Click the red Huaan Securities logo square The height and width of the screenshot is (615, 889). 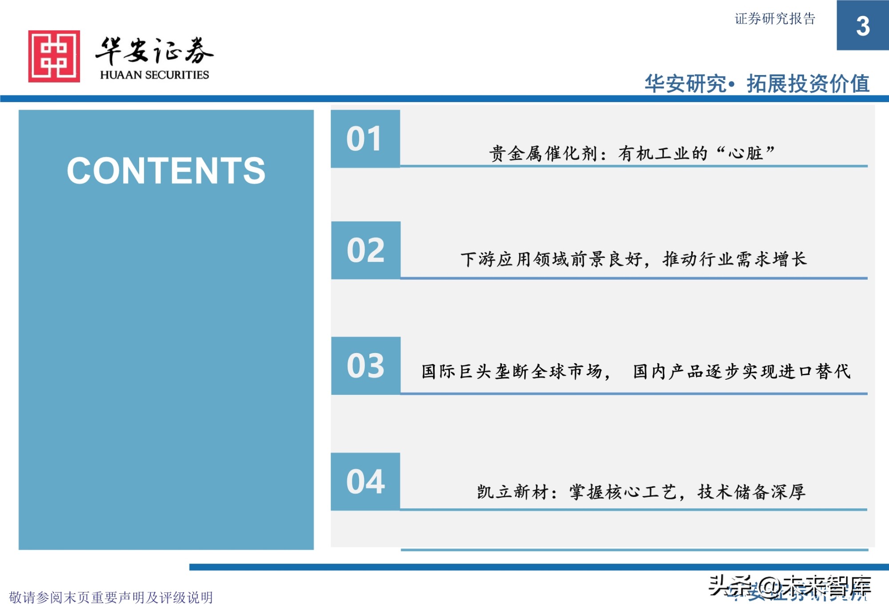point(54,56)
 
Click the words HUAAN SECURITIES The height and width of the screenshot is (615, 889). point(154,75)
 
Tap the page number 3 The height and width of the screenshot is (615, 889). point(863,26)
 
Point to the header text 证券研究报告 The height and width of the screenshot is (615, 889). point(775,19)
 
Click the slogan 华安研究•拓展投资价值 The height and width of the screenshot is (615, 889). point(757,83)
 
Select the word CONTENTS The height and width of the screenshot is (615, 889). point(166,171)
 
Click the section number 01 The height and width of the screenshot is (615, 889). point(364,139)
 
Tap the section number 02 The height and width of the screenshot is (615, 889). point(365,250)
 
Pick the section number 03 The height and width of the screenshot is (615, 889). point(365,366)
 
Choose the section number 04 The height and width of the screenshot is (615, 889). point(365,482)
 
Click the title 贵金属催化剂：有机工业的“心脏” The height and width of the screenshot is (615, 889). point(632,154)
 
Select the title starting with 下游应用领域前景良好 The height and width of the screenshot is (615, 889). point(633,259)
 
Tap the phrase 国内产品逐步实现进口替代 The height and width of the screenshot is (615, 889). point(741,372)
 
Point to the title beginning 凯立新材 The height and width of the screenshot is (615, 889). point(641,492)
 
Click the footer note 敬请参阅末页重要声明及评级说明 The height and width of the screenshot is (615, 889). point(111,598)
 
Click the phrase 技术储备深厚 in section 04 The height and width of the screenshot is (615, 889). point(751,492)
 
